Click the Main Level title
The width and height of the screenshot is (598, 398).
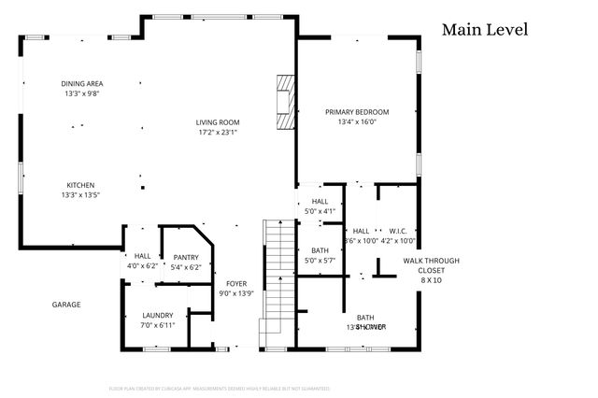pos(485,30)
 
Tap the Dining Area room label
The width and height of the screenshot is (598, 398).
pos(82,84)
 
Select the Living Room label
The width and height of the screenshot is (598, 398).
pos(218,122)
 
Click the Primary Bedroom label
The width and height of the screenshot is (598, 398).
pos(357,112)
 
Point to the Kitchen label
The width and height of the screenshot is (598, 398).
pos(80,185)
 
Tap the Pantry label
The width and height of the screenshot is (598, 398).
pos(186,257)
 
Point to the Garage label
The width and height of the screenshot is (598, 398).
pos(65,305)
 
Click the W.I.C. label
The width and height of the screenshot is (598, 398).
pos(397,231)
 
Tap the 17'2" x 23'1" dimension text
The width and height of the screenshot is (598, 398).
pos(218,133)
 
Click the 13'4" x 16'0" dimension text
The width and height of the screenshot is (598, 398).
pos(357,122)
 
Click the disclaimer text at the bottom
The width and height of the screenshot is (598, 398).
pos(220,387)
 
